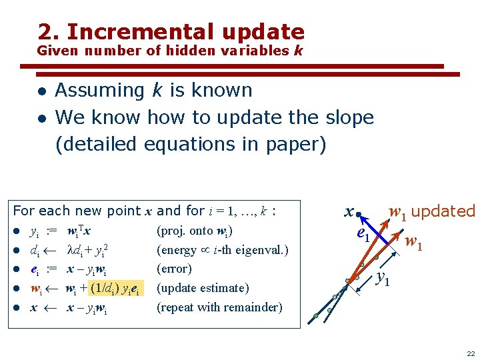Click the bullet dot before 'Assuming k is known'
coord(41,91)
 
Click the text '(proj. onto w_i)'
coord(193,231)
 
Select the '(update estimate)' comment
coord(201,289)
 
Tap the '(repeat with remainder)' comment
coord(219,307)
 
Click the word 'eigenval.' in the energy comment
coord(265,250)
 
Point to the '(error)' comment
coord(173,269)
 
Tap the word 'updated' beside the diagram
coord(444,211)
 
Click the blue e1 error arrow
coord(373,227)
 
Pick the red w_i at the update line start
coord(37,289)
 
